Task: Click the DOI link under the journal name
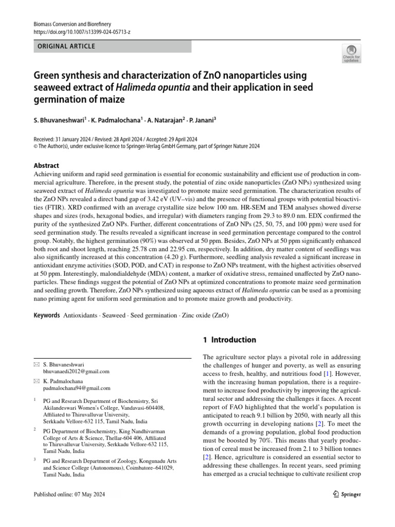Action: click(x=81, y=32)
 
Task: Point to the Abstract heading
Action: click(x=46, y=166)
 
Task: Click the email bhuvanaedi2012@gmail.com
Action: click(x=76, y=371)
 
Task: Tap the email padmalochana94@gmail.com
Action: click(x=76, y=389)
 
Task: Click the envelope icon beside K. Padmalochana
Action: click(x=35, y=381)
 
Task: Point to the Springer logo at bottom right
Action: click(x=344, y=495)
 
